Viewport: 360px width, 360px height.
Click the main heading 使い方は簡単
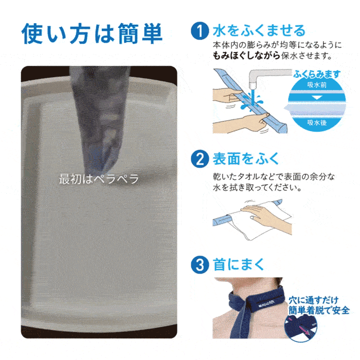[x=92, y=33]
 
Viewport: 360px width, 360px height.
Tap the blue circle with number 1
[x=200, y=31]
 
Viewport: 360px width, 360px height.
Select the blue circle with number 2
[x=200, y=159]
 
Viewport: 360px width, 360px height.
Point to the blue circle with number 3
[x=200, y=264]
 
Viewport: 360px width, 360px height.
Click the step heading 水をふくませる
[x=259, y=31]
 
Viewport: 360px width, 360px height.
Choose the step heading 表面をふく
[x=245, y=159]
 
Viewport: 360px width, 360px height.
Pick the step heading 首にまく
[x=238, y=264]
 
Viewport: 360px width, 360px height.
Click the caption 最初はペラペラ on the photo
[x=99, y=179]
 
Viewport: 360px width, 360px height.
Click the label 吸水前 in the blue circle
[x=317, y=85]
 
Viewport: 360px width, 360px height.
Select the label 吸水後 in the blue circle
[x=317, y=122]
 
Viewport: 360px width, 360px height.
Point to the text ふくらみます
[x=317, y=74]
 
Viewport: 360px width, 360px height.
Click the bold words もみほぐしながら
[x=246, y=56]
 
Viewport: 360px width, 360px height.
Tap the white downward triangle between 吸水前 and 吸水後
[x=317, y=97]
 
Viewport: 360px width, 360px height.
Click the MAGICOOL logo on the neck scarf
[x=266, y=303]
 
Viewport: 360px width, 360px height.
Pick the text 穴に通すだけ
[x=314, y=300]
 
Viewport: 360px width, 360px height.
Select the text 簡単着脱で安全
[x=319, y=311]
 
